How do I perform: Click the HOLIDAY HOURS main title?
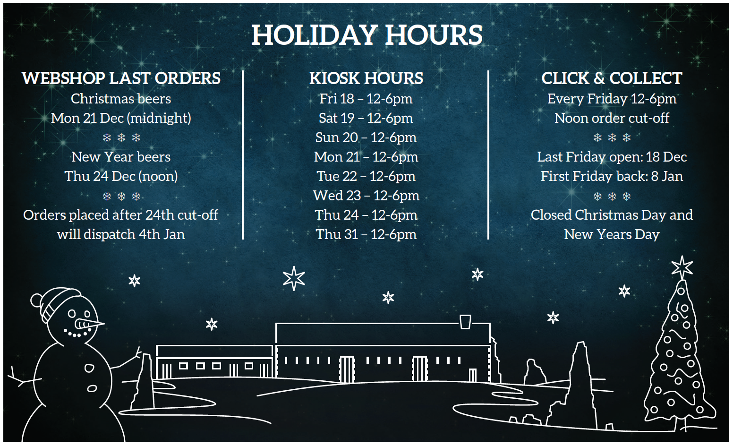[366, 35]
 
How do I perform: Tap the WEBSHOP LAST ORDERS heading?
[121, 78]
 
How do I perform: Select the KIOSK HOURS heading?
[366, 78]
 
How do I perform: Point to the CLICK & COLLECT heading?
[612, 78]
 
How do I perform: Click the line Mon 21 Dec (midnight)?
[121, 118]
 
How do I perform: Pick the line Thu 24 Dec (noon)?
[121, 176]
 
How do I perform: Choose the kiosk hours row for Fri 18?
[366, 99]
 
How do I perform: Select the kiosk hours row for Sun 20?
[366, 137]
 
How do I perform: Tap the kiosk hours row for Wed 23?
[366, 196]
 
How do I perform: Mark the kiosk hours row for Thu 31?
[366, 234]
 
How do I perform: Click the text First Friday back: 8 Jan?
[612, 176]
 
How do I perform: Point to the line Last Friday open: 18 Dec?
[612, 157]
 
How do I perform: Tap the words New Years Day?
[612, 234]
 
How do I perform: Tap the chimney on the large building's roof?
[465, 321]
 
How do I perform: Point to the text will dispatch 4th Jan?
[121, 234]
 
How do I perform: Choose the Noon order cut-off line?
[612, 118]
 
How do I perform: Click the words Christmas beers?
[121, 99]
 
